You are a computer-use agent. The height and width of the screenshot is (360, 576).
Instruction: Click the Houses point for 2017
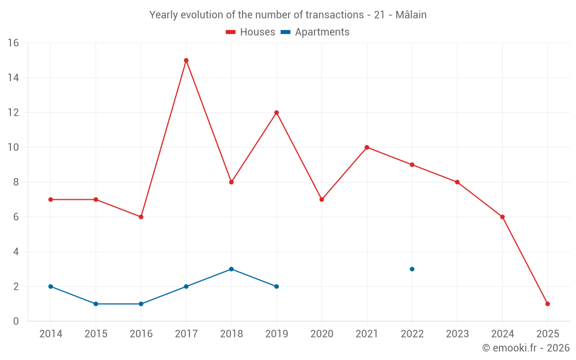(x=186, y=60)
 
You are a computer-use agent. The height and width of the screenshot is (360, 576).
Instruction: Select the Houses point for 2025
(x=547, y=304)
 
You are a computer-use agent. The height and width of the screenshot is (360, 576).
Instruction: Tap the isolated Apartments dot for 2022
(x=412, y=269)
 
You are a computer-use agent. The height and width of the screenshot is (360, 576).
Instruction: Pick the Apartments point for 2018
(x=231, y=269)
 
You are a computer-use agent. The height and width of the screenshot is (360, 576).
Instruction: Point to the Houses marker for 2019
(x=276, y=112)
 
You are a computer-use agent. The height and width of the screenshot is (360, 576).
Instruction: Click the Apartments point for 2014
(x=51, y=286)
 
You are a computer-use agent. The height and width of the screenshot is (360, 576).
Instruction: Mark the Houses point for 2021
(x=367, y=147)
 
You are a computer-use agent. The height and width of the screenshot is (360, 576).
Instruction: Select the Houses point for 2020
(x=321, y=199)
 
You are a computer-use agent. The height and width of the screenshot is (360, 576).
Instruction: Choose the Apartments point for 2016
(x=141, y=304)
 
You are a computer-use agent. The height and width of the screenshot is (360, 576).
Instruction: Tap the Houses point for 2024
(x=502, y=217)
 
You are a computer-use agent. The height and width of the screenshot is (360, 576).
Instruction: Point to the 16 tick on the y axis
(x=13, y=43)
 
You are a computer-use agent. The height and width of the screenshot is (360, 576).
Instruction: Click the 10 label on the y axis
(x=13, y=147)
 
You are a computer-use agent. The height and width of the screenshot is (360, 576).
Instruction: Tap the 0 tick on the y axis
(x=16, y=321)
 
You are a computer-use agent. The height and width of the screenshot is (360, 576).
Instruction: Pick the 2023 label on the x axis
(x=457, y=334)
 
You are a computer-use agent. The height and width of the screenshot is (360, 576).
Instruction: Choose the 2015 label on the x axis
(x=96, y=334)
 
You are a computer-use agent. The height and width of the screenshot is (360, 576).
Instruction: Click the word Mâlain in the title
(x=411, y=15)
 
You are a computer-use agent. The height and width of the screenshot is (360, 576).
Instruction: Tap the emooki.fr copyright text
(x=526, y=348)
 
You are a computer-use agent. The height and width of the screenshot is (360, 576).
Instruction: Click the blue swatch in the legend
(x=285, y=32)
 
